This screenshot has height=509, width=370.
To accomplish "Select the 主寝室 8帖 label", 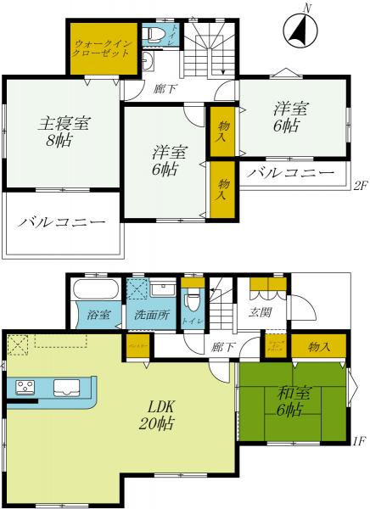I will pos(62,132).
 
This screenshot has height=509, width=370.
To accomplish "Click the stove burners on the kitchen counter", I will pos(25,388).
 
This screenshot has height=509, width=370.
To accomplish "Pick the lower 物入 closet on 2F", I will pos(222,188).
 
